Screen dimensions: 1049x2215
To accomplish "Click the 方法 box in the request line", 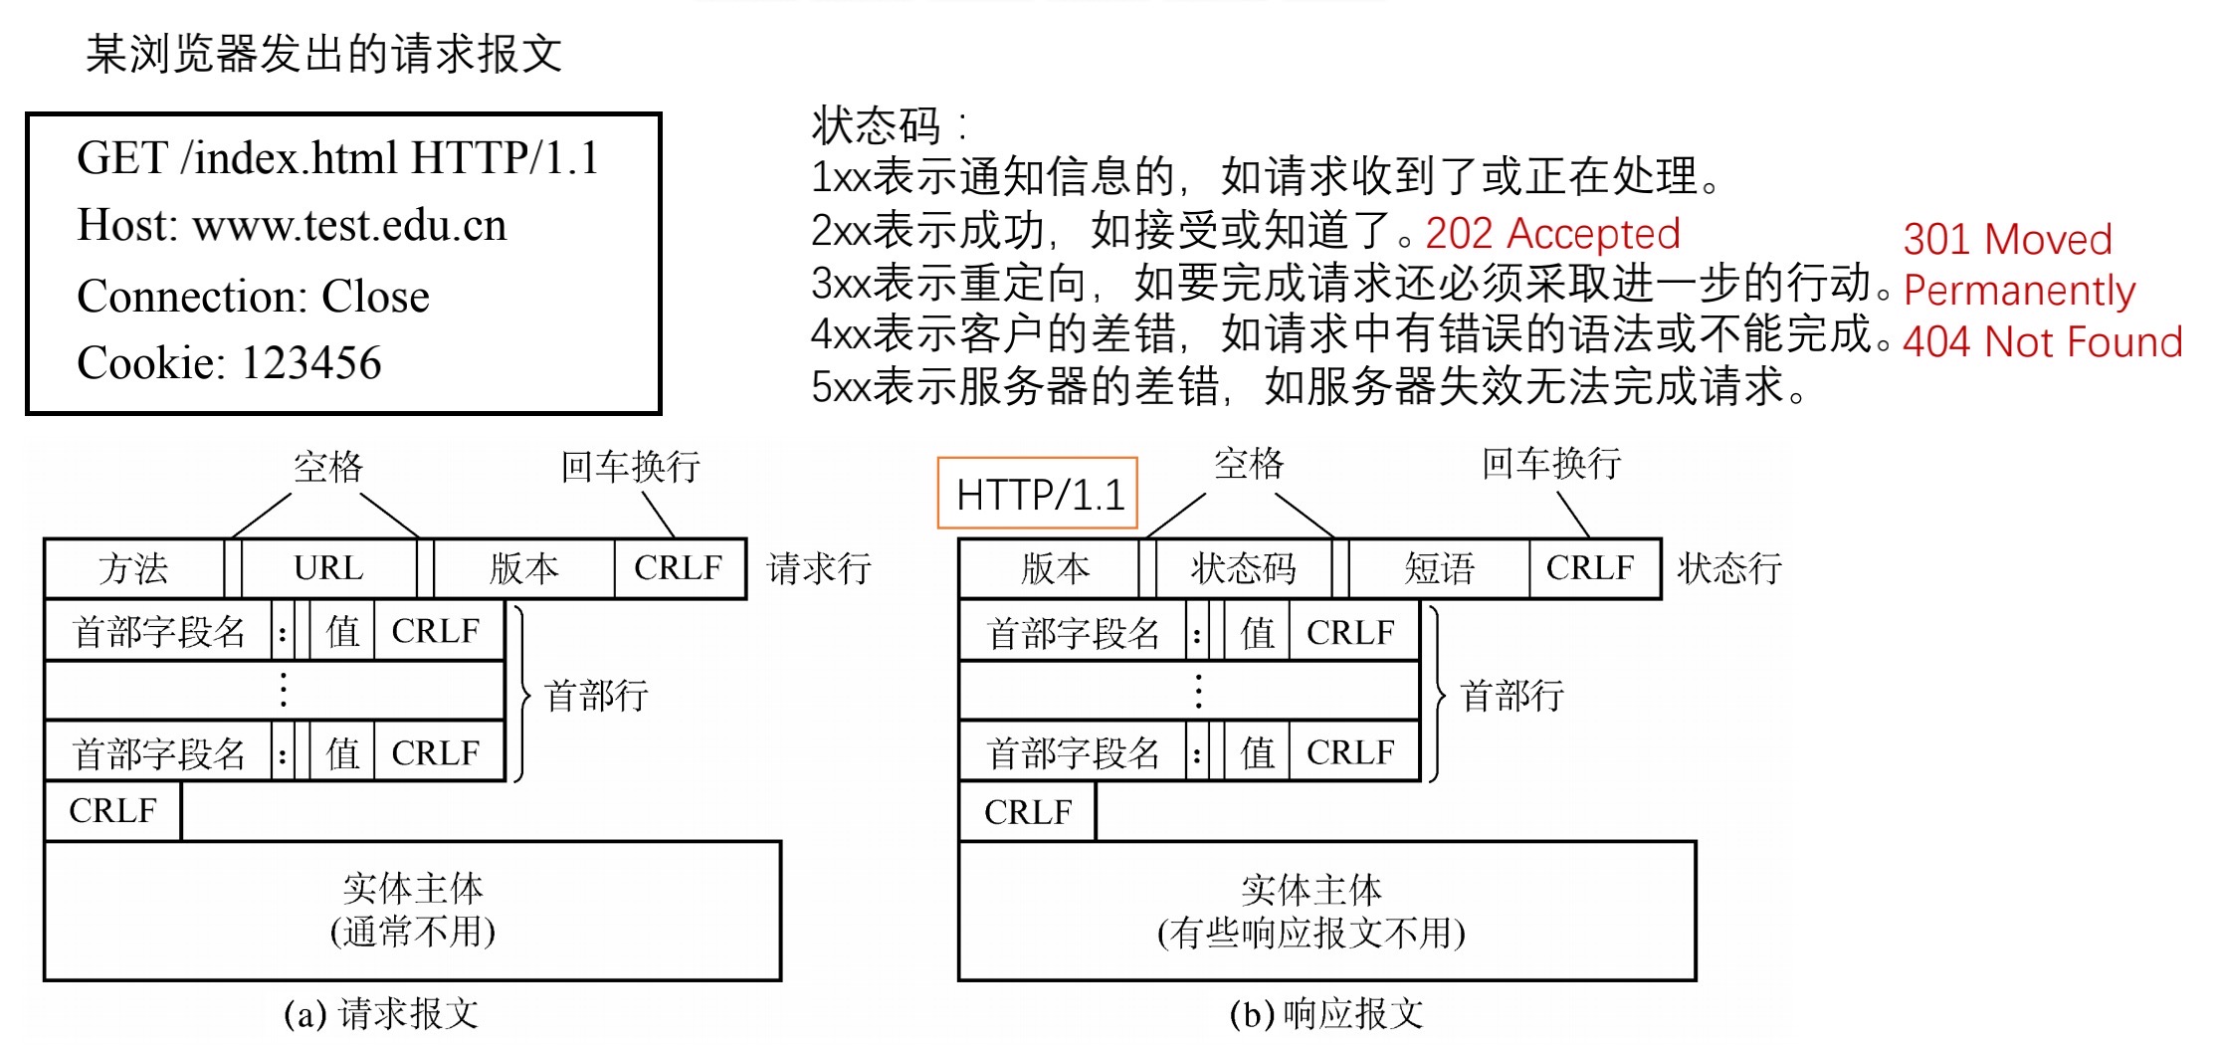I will [x=133, y=569].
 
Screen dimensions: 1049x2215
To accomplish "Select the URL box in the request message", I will [x=328, y=569].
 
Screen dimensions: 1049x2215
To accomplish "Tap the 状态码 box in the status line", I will [x=1243, y=569].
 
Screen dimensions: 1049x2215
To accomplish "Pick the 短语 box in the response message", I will [x=1438, y=569].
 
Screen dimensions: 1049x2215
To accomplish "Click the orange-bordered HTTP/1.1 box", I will [x=1038, y=495].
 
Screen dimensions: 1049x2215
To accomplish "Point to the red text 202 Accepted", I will [x=1552, y=234].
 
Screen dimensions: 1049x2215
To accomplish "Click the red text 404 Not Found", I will [x=2042, y=342].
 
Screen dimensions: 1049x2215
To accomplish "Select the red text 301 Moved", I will [x=2007, y=240].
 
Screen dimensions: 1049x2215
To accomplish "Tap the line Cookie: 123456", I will [x=229, y=363].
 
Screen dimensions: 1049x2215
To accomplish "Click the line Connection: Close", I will [x=253, y=297].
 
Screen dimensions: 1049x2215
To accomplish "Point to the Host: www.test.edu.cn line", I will [x=292, y=226].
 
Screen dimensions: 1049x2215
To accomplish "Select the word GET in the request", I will [x=122, y=158].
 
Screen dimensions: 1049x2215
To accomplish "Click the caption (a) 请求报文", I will [x=381, y=1014].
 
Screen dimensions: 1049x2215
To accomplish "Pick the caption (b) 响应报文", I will [x=1326, y=1014].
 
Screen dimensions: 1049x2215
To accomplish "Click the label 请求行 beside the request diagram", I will [x=819, y=569].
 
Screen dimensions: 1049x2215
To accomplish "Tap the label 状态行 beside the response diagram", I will [x=1729, y=569].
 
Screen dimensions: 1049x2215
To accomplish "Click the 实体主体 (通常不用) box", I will [x=412, y=911].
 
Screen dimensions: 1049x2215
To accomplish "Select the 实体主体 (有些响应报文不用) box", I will [x=1326, y=911].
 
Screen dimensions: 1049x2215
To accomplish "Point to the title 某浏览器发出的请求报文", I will [x=323, y=54].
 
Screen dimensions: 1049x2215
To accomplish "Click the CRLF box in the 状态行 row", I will [x=1590, y=569].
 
